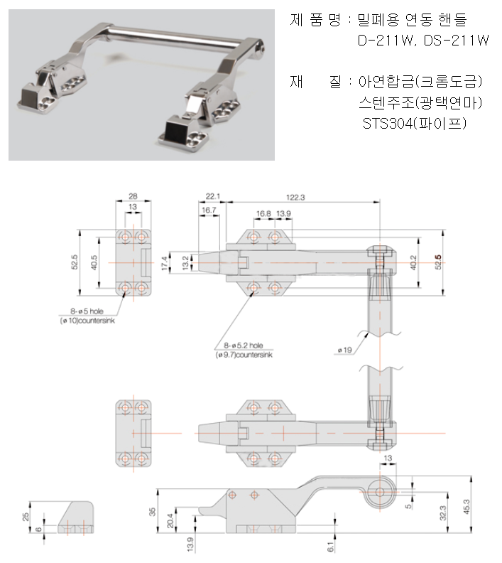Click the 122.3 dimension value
tap(295, 196)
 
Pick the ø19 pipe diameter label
tap(346, 350)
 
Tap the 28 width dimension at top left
tap(133, 196)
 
